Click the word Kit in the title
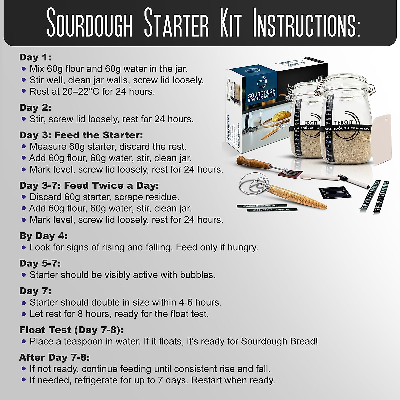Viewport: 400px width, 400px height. [x=230, y=23]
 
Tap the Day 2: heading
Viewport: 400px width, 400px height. [x=35, y=108]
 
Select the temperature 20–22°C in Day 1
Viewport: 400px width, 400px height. [x=81, y=91]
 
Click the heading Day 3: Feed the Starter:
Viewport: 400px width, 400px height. [x=81, y=135]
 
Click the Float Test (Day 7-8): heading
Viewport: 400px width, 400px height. [x=71, y=330]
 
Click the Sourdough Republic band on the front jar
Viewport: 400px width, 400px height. [x=347, y=128]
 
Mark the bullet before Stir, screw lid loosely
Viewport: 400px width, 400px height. [x=23, y=119]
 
